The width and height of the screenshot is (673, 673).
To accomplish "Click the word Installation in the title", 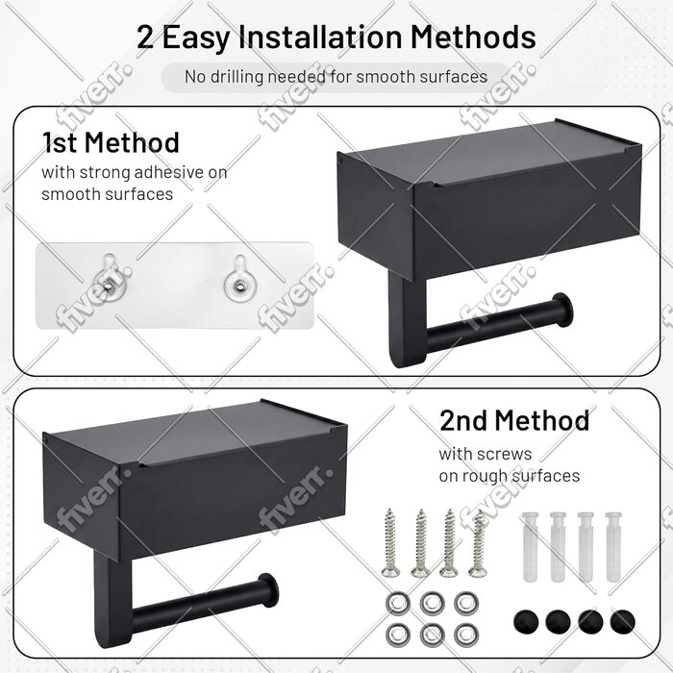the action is (x=320, y=37).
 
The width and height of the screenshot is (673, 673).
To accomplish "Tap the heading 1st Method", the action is (x=111, y=143).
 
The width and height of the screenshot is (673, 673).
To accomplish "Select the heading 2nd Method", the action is (x=514, y=421).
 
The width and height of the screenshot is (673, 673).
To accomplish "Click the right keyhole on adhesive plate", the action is (x=240, y=278).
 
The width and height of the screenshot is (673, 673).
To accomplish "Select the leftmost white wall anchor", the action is (x=530, y=546).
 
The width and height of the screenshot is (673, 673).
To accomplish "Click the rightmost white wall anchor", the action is (x=613, y=546).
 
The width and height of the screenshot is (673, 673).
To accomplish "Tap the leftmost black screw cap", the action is (x=526, y=621).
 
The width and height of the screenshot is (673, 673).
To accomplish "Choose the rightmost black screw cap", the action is (x=622, y=621).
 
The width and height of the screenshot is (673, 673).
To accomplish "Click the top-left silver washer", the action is (x=398, y=604).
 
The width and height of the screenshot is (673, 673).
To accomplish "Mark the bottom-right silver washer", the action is (x=466, y=635).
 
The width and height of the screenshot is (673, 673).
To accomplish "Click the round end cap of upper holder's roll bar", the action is (x=562, y=309).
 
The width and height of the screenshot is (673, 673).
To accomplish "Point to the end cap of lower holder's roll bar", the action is (x=268, y=589).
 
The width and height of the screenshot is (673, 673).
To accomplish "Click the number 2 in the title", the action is (x=145, y=37).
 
